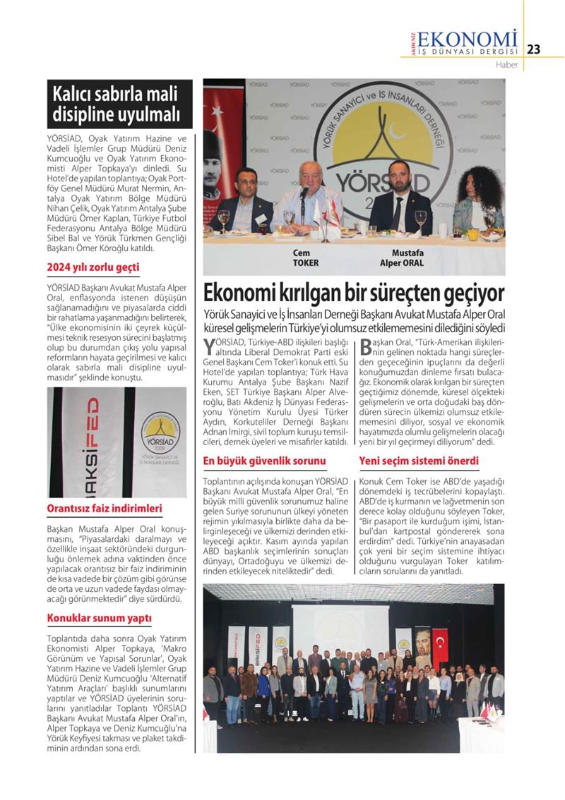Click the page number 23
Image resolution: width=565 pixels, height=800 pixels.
(x=534, y=49)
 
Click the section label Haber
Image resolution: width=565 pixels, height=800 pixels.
(x=506, y=66)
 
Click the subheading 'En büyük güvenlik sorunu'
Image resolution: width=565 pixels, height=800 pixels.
(x=264, y=461)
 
